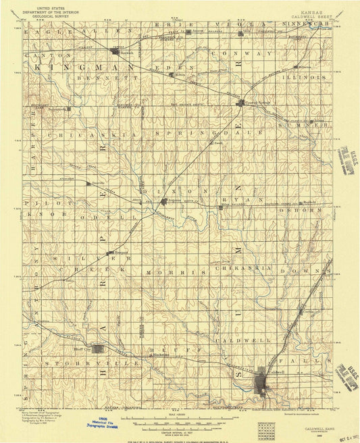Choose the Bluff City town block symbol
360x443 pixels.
click(99, 349)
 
